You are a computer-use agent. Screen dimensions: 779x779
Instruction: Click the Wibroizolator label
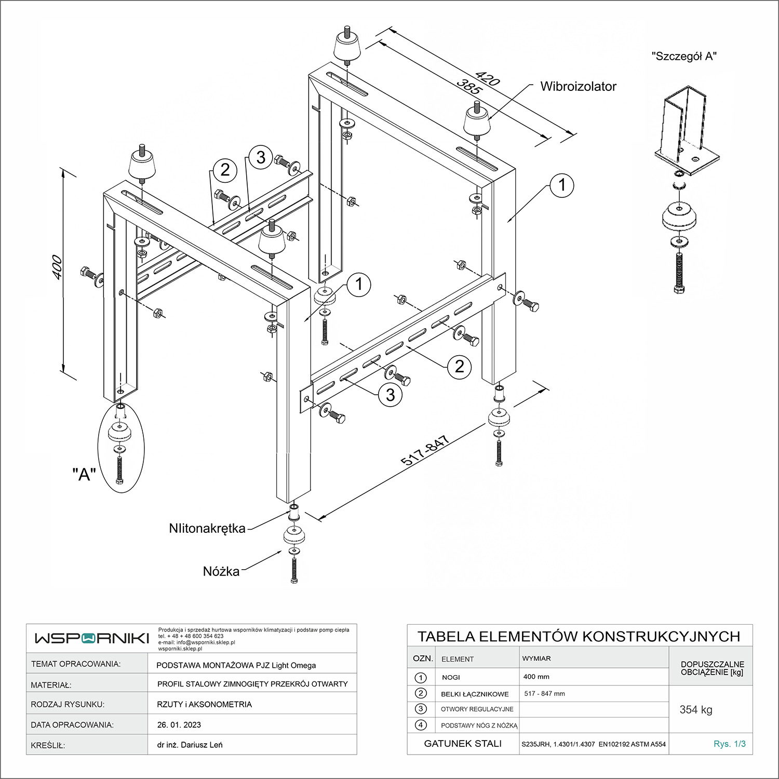pos(578,87)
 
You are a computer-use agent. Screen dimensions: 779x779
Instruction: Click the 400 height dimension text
pos(58,267)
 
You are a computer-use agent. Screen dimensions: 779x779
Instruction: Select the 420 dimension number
pos(487,79)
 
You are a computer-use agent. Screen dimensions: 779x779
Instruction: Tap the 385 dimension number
pos(469,87)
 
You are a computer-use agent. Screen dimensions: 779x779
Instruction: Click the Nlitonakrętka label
pos(207,529)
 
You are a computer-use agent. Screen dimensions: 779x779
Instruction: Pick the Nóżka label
pos(221,572)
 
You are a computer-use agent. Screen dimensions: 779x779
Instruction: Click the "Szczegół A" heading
pos(684,57)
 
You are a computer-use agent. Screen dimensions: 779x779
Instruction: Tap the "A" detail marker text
pos(84,474)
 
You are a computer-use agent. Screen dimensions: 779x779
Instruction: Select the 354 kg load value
pos(696,710)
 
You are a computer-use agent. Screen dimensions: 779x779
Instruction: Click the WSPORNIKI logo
pos(92,638)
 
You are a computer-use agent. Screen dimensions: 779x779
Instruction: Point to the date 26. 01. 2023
pos(179,725)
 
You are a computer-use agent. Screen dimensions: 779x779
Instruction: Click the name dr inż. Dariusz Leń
pos(190,745)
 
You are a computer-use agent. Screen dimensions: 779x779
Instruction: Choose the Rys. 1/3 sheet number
pos(730,744)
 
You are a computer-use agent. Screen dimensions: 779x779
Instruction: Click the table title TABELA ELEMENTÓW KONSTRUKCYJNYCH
pos(579,637)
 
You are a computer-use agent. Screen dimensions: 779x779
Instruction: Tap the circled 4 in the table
pos(421,725)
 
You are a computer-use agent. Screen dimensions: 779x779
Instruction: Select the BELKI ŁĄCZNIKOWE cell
pos(475,694)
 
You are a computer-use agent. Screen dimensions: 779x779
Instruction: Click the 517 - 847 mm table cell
pos(544,694)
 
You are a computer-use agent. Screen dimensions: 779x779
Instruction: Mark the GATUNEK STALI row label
pos(463,744)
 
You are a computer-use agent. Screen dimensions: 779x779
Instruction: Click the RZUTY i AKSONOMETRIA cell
pos(204,705)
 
